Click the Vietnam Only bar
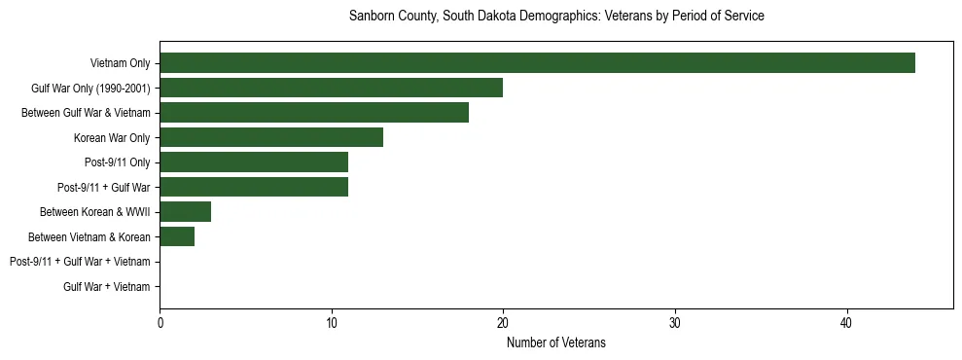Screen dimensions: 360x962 point(537,63)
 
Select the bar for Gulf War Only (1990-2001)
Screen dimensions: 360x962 point(331,88)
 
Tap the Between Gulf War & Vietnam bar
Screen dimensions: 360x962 point(314,113)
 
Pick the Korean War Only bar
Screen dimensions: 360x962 point(271,137)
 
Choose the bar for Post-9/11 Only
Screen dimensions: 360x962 point(254,162)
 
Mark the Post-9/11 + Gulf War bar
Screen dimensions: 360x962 point(254,187)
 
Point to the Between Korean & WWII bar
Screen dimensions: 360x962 point(185,212)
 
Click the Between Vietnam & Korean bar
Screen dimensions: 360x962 point(177,236)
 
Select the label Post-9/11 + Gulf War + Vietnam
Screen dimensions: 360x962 point(80,262)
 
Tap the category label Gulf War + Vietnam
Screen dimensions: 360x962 point(107,286)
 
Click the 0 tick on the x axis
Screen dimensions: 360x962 point(160,322)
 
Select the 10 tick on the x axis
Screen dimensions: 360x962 point(332,322)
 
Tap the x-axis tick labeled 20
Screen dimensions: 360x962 point(503,322)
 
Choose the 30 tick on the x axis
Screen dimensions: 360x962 point(675,322)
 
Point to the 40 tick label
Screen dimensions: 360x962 point(846,322)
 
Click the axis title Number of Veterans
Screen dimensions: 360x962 point(555,342)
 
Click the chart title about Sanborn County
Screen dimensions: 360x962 point(555,17)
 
